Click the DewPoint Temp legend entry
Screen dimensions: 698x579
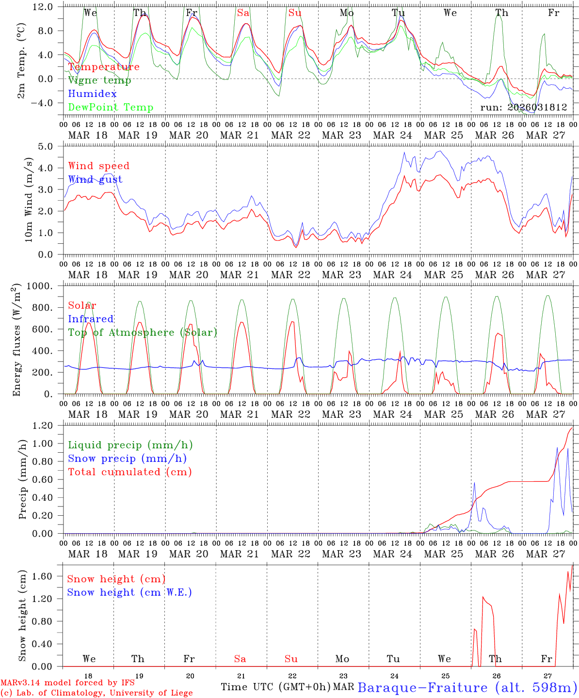[x=111, y=108]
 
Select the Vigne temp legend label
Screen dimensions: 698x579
[x=99, y=80]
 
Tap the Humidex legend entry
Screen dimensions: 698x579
[x=92, y=94]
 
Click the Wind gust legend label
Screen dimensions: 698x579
[x=95, y=180]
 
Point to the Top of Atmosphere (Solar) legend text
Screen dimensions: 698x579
[x=143, y=333]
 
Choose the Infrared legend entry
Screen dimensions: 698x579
[x=91, y=319]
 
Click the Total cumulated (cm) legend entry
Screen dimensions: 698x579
[x=130, y=472]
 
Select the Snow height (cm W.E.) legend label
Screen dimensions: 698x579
[x=129, y=592]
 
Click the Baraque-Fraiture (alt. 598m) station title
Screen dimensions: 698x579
[x=467, y=687]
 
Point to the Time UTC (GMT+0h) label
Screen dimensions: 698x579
[x=275, y=687]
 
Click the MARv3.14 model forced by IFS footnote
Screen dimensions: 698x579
[x=67, y=683]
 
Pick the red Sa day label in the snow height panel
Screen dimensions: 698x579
[x=240, y=659]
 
